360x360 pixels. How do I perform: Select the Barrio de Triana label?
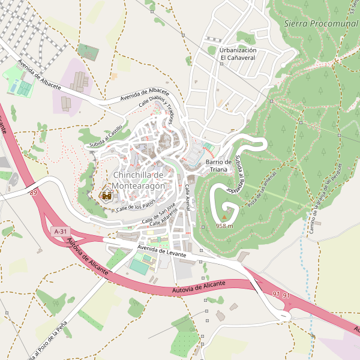coord(218,166)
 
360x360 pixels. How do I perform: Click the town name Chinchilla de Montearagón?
coord(139,181)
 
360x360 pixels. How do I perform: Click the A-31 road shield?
coord(61,231)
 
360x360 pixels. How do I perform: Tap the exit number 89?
coord(32,192)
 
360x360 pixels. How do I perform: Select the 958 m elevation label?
coord(224,226)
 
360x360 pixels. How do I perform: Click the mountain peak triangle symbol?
coord(225,218)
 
